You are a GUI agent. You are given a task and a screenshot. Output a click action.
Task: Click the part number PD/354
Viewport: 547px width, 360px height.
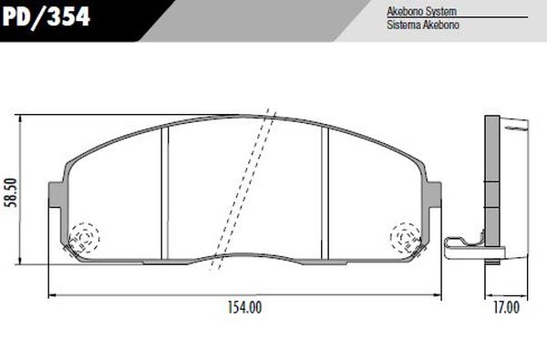click(46, 16)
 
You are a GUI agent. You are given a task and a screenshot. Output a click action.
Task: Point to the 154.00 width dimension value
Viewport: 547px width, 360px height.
click(243, 308)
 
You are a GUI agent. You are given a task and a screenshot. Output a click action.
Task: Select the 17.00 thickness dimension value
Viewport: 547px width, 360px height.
click(506, 308)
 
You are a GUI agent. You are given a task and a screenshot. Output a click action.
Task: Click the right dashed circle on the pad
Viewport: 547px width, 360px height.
click(405, 238)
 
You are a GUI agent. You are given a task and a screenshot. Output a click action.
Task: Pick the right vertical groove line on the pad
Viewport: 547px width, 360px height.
click(326, 187)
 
